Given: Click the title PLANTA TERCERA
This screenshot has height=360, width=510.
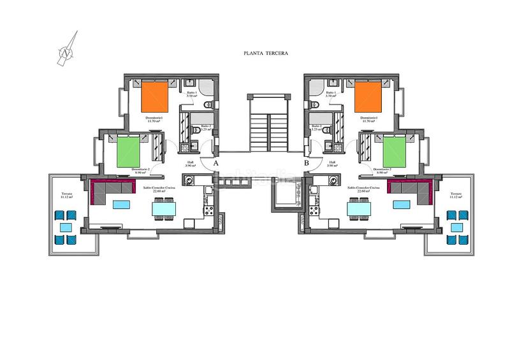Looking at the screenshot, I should (266, 54).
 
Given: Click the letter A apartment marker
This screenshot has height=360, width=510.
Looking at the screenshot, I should (216, 164).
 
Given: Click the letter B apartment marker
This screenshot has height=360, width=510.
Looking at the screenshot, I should (307, 164).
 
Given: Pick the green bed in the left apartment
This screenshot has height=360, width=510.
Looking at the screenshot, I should (132, 150).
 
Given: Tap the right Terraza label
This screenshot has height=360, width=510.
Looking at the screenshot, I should (455, 195).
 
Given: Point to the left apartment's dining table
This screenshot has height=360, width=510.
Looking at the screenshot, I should (164, 208).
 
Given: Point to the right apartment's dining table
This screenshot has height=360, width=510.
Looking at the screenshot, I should (358, 208).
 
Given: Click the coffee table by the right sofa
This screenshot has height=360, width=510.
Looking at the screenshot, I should (402, 205).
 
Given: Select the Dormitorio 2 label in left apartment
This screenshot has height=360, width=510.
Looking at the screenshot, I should (142, 171).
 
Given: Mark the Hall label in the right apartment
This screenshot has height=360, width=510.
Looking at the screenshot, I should (332, 164).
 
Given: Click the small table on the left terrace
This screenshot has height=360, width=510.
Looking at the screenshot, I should (66, 227).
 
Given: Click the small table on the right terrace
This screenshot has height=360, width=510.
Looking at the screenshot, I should (457, 227).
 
